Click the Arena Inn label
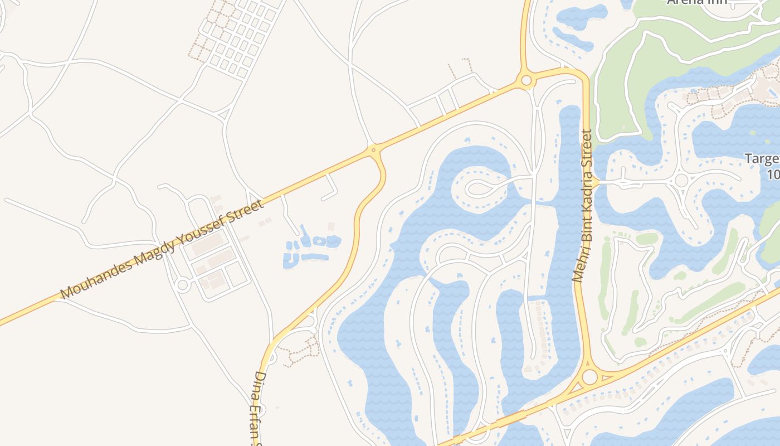point(698,2)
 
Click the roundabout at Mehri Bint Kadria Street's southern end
point(589,377)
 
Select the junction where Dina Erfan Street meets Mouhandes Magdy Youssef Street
point(373,149)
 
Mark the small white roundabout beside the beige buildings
point(182,285)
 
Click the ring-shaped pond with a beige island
point(319,241)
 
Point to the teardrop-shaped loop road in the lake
point(479,188)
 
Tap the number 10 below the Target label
point(773,174)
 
